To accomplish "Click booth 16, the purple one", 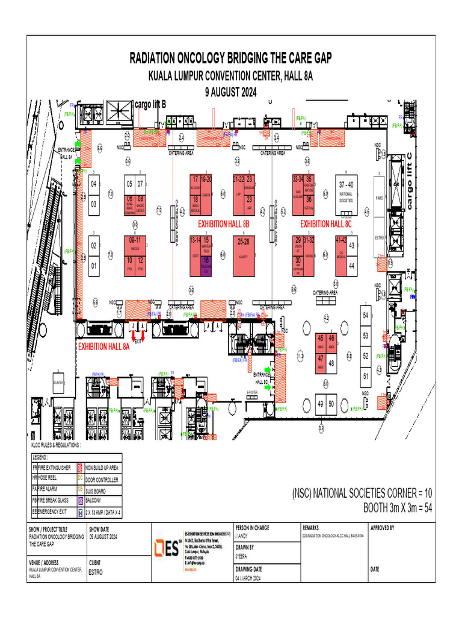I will [x=206, y=263].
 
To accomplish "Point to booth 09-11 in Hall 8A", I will [x=135, y=243].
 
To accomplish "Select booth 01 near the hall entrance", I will [x=93, y=265].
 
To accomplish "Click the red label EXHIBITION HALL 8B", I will [x=223, y=224].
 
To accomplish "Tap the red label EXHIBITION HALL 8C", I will [x=325, y=224].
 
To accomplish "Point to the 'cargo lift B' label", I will [x=150, y=105].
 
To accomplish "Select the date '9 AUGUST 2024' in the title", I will [x=231, y=92].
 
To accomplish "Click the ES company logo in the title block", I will [x=167, y=549].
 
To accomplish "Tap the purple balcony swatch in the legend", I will [x=80, y=501].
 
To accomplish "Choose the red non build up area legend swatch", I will [x=80, y=468].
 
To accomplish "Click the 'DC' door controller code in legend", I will [x=80, y=479].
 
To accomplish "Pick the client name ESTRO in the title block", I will [x=96, y=572].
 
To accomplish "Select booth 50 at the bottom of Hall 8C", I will [x=331, y=404].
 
